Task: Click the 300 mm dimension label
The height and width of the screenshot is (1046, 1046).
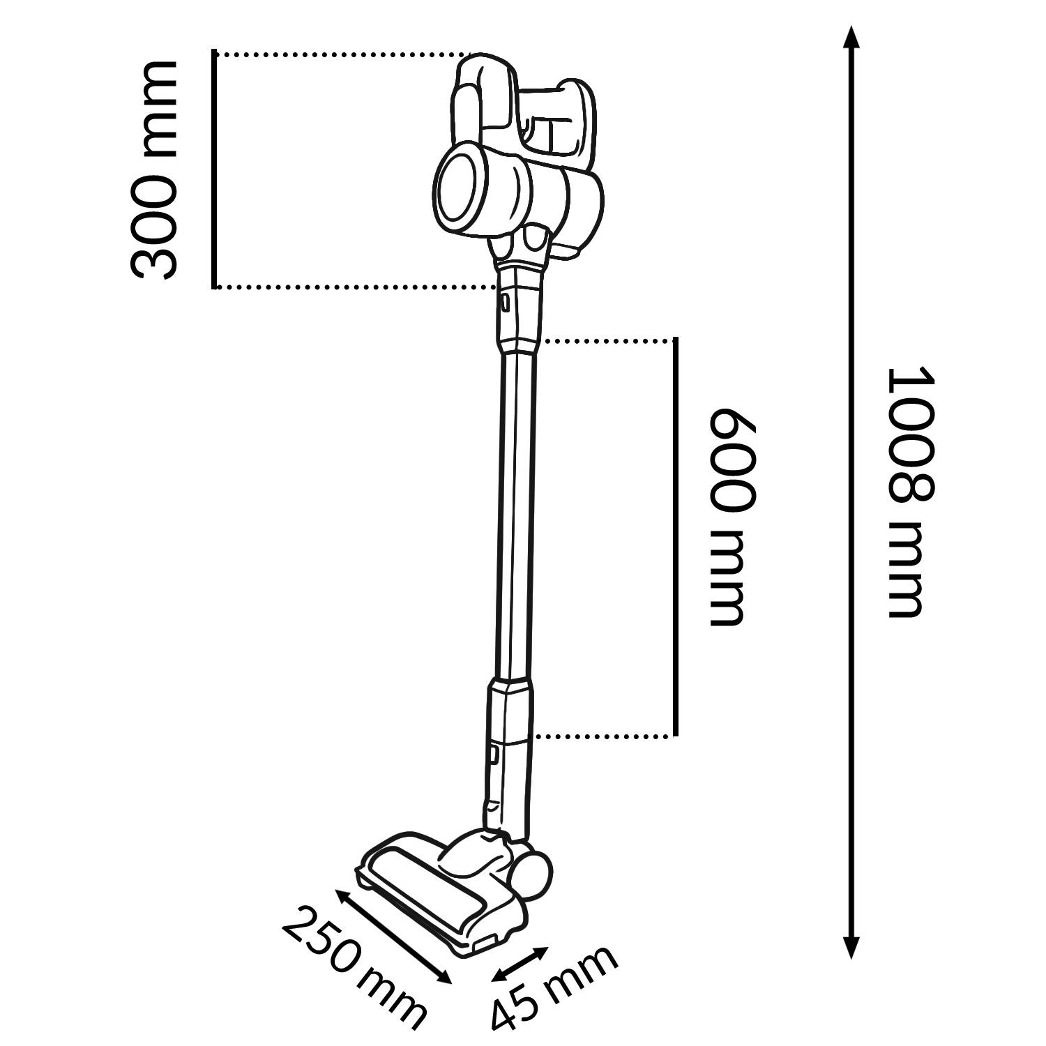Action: point(153,169)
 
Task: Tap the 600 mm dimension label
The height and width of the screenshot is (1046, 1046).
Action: point(732,517)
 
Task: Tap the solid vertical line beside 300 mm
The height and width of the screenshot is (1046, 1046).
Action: point(215,169)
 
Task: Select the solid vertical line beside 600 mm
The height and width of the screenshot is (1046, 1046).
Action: point(675,537)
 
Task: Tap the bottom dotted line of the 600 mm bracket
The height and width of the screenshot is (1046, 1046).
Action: point(605,736)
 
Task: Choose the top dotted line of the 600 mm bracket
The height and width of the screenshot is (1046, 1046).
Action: point(608,340)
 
